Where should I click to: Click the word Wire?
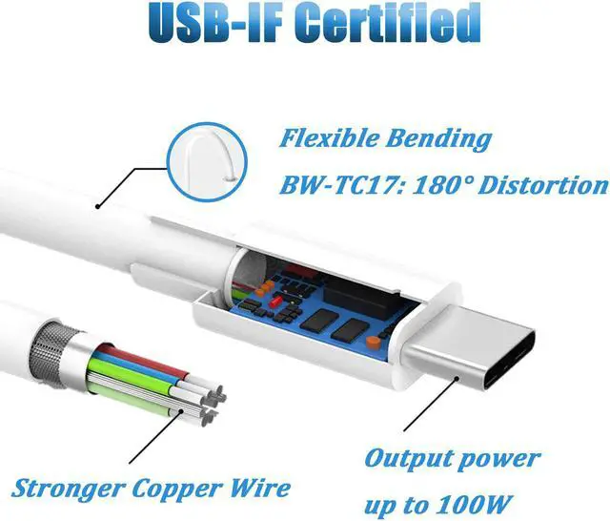(261, 489)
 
